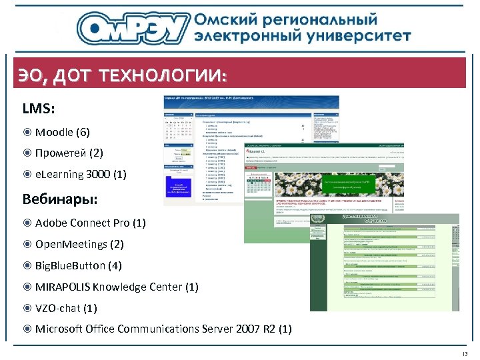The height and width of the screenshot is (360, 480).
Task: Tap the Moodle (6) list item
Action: [62, 132]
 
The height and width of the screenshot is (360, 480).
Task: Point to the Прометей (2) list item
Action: [69, 153]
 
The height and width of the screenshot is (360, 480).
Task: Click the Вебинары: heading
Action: [61, 199]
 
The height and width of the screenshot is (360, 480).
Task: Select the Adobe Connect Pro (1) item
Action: [90, 223]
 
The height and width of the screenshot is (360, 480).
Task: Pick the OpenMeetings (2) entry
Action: [79, 244]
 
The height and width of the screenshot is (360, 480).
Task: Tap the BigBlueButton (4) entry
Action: [78, 265]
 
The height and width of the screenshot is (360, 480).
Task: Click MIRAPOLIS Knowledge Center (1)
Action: [117, 287]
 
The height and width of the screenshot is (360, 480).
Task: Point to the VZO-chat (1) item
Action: [66, 308]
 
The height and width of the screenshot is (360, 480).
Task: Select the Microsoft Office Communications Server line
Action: [163, 329]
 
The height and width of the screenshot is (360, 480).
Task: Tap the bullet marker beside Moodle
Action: [27, 132]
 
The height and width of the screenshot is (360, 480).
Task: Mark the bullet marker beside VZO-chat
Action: [27, 308]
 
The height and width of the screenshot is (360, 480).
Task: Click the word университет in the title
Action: [363, 35]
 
